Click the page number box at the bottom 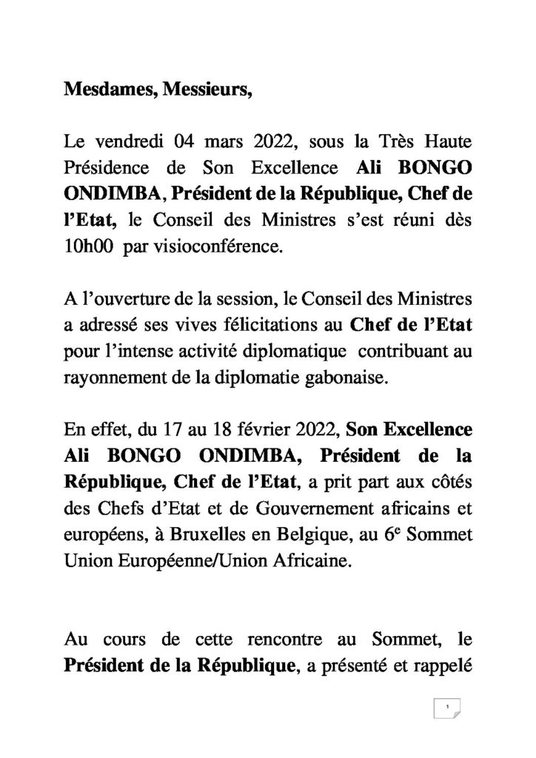point(447,708)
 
